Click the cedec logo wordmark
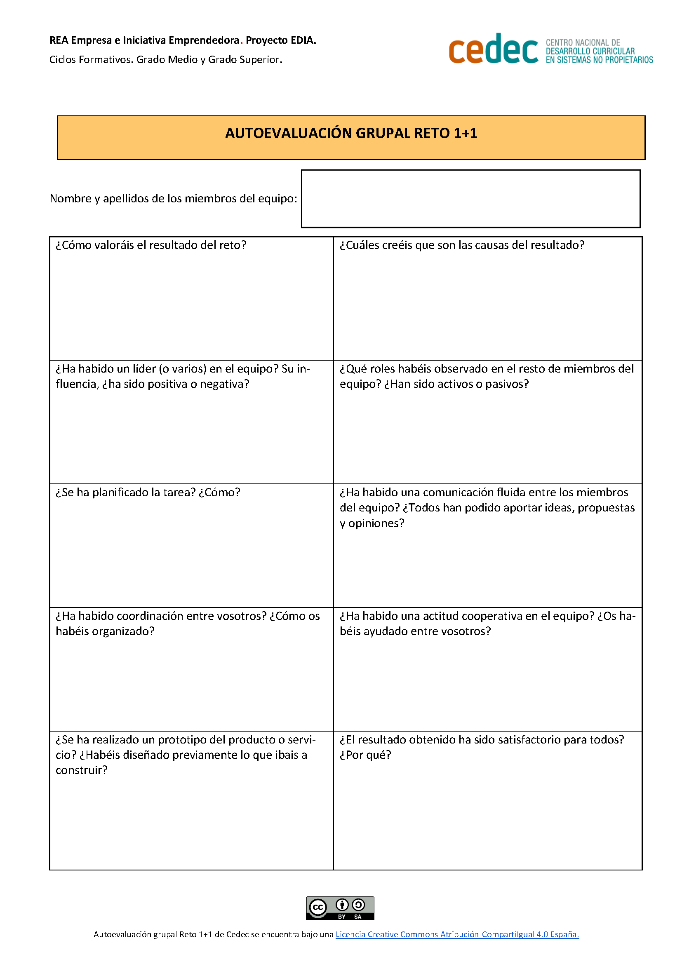click(x=493, y=49)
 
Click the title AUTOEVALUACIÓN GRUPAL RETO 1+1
click(x=351, y=133)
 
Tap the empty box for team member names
click(x=470, y=199)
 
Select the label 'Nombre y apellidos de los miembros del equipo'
click(x=173, y=198)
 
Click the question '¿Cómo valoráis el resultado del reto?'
click(x=151, y=245)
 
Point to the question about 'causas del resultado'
click(x=461, y=245)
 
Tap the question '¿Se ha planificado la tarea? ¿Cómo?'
click(x=148, y=492)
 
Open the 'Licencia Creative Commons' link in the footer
click(x=457, y=934)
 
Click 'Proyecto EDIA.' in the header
click(x=281, y=40)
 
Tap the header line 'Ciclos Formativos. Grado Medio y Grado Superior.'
click(x=166, y=60)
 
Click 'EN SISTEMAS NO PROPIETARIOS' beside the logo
click(x=599, y=60)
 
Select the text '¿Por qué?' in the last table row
click(x=365, y=755)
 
